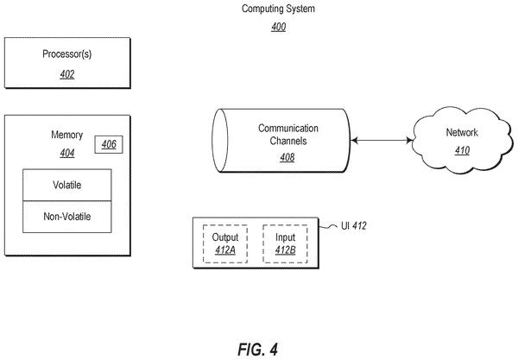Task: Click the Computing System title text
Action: click(278, 9)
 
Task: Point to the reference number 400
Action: click(279, 27)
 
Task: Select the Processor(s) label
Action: click(67, 54)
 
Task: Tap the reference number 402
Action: click(67, 74)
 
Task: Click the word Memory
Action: click(67, 135)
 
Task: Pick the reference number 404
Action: click(67, 154)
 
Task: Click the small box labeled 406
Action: click(109, 144)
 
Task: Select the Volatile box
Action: click(67, 185)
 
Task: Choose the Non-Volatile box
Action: click(67, 217)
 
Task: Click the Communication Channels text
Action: click(288, 135)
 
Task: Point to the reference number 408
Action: click(287, 157)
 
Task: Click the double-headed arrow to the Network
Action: click(382, 141)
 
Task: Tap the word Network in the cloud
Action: click(462, 132)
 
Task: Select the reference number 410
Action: click(462, 150)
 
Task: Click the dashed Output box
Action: click(225, 243)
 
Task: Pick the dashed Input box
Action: click(285, 243)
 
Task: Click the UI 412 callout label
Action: click(354, 226)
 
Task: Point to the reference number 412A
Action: click(225, 250)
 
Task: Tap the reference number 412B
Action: click(286, 250)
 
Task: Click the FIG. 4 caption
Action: click(258, 350)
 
